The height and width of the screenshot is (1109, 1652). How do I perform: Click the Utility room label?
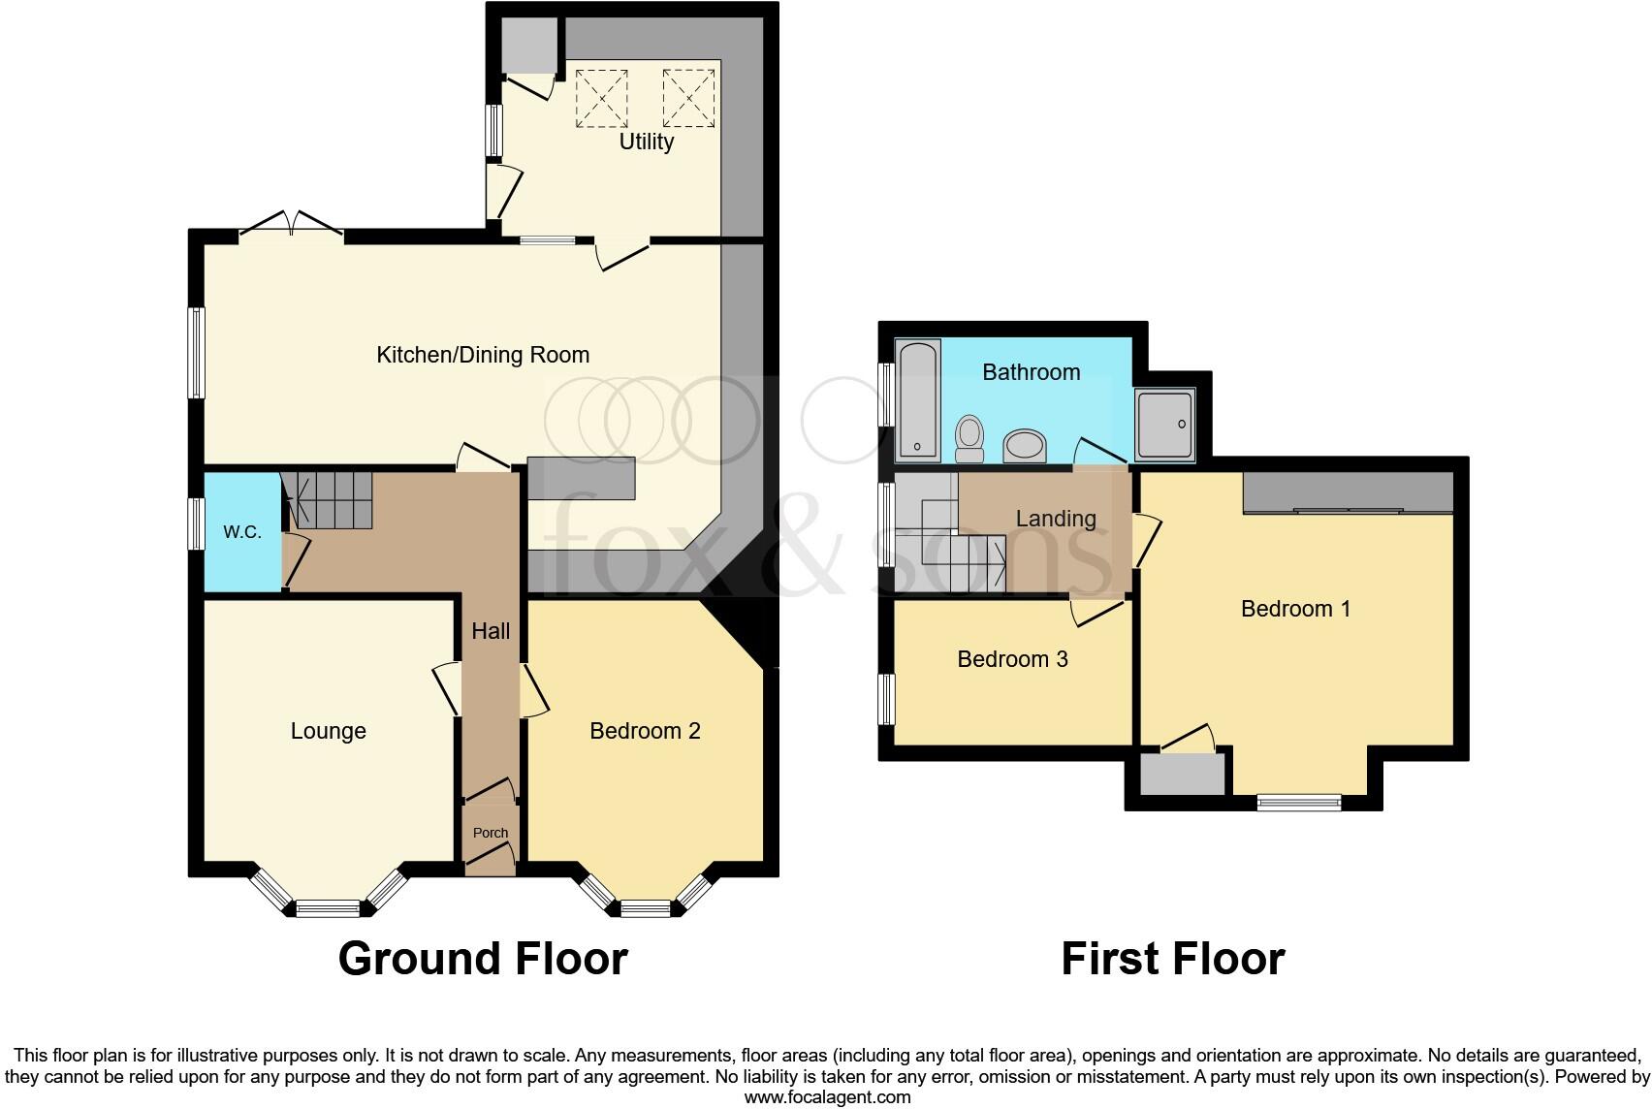pos(646,142)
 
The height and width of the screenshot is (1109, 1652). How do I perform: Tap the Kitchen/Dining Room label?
pos(483,355)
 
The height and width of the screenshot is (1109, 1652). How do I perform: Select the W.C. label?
pos(241,532)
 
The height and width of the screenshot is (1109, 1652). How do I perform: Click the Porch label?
pos(491,833)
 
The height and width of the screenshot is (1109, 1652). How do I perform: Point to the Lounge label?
pos(328,731)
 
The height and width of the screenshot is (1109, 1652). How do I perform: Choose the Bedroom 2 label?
pos(645,731)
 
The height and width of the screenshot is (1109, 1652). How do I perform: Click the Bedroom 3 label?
pos(1012,659)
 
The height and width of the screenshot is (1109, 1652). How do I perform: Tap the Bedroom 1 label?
pos(1295,609)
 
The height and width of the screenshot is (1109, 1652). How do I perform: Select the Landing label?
pos(1056,519)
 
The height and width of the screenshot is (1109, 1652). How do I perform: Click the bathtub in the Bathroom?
pos(917,400)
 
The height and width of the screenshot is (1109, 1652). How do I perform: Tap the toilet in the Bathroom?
pos(969,439)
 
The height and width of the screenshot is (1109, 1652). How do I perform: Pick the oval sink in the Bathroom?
pos(1024,446)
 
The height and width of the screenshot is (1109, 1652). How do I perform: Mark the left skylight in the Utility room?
pos(602,98)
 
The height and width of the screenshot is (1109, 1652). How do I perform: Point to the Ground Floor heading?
pos(483,958)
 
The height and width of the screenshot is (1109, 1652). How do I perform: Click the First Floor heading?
pos(1172,958)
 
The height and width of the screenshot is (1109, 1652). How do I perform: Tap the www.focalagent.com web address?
pos(827,1097)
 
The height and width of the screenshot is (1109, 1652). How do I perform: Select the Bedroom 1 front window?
pos(1299,802)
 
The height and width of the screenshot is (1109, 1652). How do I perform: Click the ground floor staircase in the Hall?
pos(328,499)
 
